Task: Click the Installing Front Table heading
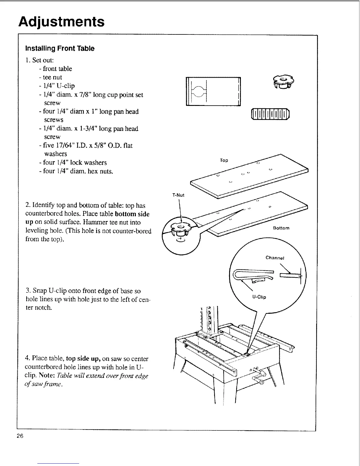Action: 60,48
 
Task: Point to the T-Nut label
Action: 178,195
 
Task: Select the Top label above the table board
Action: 224,160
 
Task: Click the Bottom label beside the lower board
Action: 281,228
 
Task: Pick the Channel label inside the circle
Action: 275,258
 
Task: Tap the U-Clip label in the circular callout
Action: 259,297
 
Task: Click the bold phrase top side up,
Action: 84,359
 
